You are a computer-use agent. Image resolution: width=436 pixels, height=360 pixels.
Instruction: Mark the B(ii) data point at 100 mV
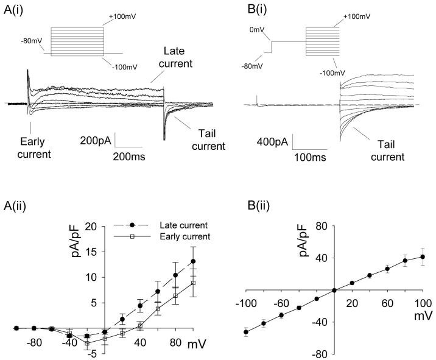point(422,257)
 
